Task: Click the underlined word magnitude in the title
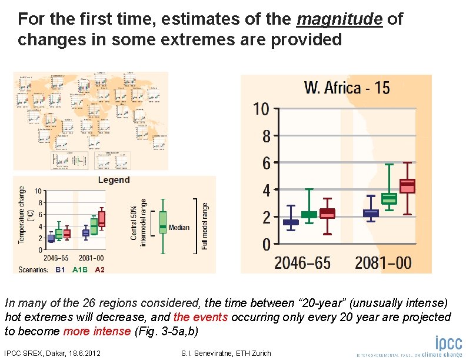(x=340, y=19)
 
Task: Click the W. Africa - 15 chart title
(x=347, y=88)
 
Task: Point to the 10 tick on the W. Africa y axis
(x=261, y=109)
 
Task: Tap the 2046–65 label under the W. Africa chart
(x=302, y=262)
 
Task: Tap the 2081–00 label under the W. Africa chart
(x=383, y=262)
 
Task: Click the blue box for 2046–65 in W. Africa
(x=291, y=222)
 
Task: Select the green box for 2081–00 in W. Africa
(x=389, y=199)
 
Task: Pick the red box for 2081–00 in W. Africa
(x=407, y=186)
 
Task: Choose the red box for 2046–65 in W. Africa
(x=327, y=214)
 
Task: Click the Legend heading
(x=114, y=179)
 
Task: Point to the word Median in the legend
(x=179, y=227)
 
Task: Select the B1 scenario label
(x=60, y=269)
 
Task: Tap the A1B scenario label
(x=80, y=269)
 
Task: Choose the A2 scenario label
(x=99, y=269)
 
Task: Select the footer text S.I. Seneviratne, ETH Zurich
(x=228, y=353)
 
